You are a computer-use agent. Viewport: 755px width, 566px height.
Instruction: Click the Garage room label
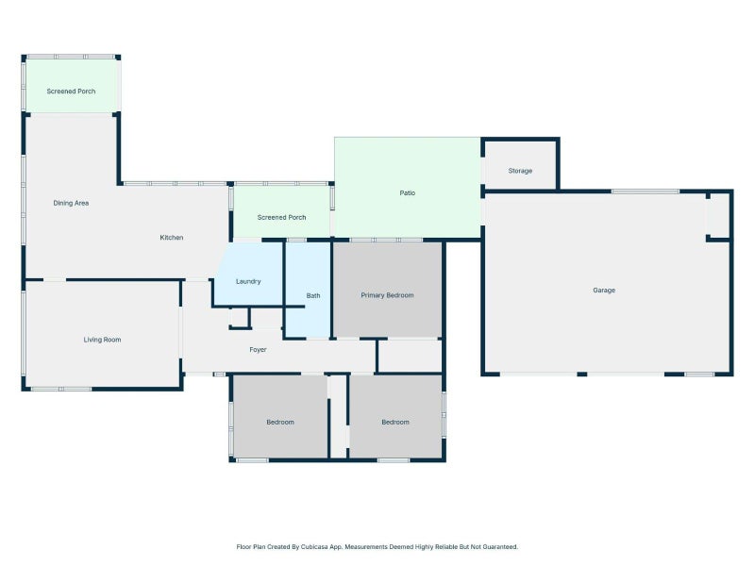point(604,291)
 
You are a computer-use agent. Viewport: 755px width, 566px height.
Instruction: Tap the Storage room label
point(520,171)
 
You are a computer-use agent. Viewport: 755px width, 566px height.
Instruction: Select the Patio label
point(408,193)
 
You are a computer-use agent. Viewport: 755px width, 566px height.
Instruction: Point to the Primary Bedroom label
point(387,295)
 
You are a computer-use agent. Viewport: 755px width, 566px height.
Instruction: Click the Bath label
point(313,296)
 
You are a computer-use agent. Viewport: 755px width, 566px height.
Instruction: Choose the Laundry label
point(248,281)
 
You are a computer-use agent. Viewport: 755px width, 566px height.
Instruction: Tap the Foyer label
point(258,350)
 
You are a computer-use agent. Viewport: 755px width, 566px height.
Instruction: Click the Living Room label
point(102,340)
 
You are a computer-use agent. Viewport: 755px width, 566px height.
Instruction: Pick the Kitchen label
point(172,238)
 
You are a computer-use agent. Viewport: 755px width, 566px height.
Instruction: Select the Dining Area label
point(71,203)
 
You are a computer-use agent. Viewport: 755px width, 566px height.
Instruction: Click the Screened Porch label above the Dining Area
point(71,92)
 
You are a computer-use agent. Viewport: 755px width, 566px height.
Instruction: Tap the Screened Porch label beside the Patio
point(281,218)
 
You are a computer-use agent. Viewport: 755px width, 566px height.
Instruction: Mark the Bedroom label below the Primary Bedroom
point(395,422)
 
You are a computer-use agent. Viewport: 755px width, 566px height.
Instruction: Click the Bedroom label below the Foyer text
point(280,422)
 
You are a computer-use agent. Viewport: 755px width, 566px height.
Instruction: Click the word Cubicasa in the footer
point(313,547)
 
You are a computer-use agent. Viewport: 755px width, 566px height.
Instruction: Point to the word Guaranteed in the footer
point(500,547)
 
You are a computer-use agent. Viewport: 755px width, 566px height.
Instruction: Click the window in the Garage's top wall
point(646,191)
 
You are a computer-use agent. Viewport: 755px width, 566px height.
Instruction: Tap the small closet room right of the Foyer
point(410,356)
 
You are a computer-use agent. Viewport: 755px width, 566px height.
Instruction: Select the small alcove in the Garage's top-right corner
point(719,215)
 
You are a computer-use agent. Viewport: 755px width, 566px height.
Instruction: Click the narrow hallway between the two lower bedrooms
point(339,416)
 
